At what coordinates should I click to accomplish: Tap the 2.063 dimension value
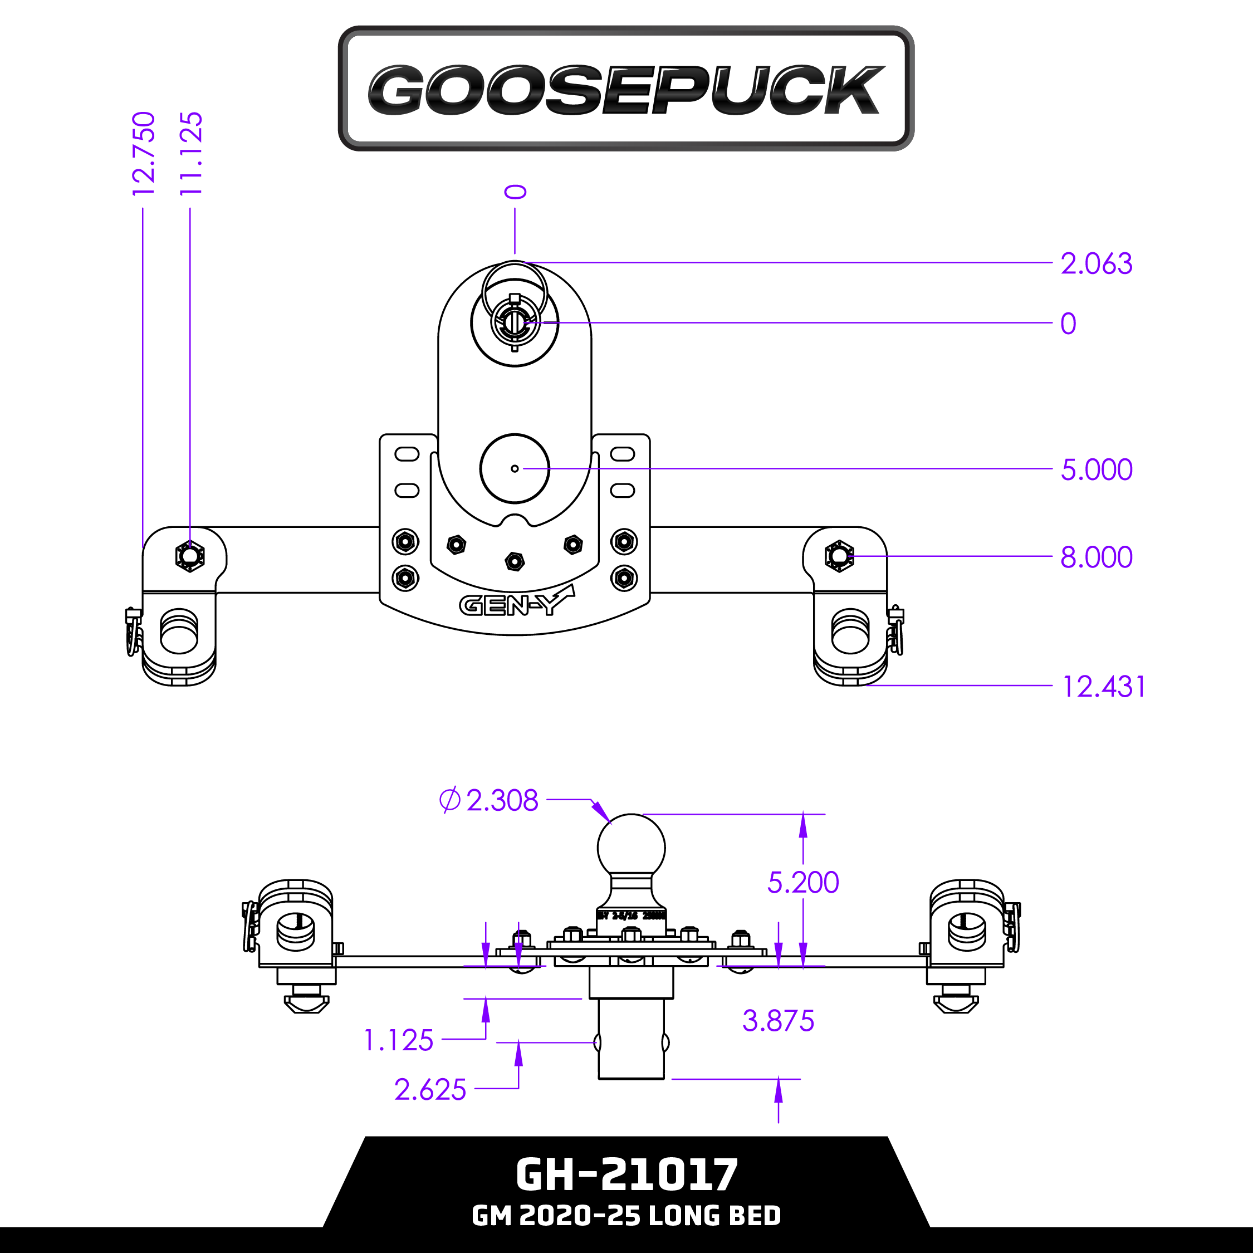point(1096,264)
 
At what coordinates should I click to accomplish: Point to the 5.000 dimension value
point(1096,469)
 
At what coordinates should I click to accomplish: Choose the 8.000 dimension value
point(1096,557)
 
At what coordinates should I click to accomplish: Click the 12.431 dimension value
point(1103,687)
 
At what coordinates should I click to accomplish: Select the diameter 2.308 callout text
point(490,800)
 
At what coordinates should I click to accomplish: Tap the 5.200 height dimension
point(803,883)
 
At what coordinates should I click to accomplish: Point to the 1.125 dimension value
point(398,1040)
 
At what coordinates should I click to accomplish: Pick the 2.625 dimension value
point(430,1090)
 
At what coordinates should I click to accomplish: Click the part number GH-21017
point(626,1174)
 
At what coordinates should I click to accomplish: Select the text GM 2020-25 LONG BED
point(626,1215)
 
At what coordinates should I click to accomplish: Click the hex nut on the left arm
point(189,556)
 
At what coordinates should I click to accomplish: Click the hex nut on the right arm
point(839,556)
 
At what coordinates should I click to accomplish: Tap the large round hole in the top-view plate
point(515,468)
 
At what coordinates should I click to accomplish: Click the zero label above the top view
point(516,192)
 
